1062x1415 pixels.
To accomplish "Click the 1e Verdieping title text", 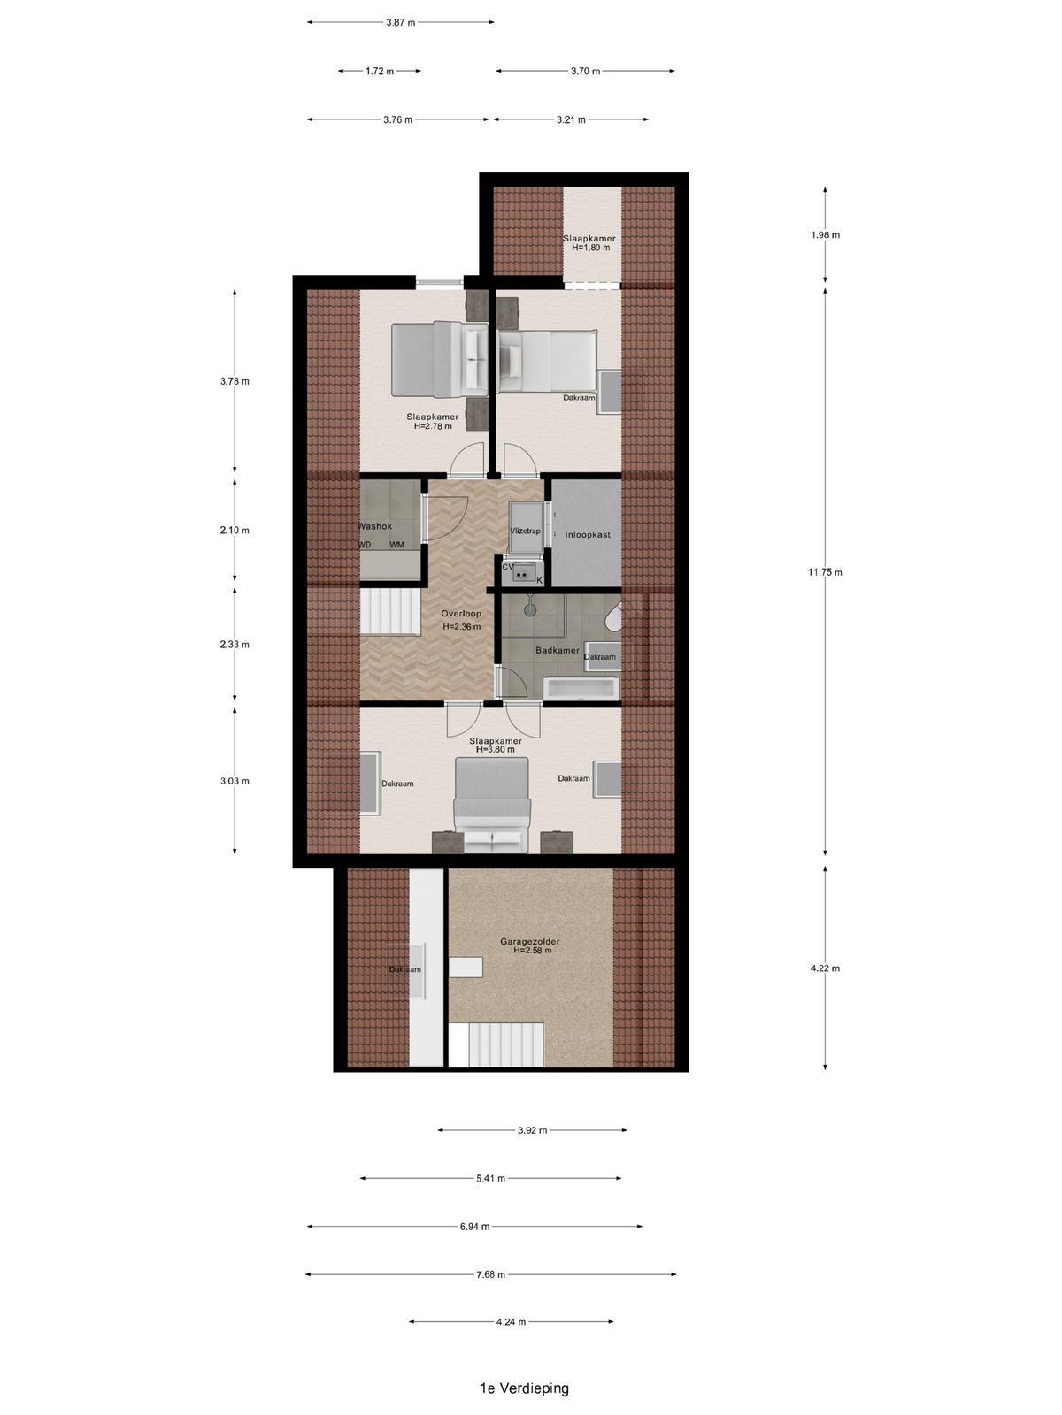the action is point(524,1388).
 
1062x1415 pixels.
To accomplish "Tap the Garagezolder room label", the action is point(529,941).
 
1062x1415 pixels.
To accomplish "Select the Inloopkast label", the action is point(588,534).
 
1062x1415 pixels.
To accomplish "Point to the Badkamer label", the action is point(558,650).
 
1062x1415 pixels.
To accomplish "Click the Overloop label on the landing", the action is point(461,613).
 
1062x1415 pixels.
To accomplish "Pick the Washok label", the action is point(374,526).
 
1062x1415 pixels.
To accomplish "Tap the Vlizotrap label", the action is point(525,531).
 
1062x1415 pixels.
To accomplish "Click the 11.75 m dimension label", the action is point(825,572).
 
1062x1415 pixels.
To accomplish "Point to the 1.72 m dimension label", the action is point(379,71).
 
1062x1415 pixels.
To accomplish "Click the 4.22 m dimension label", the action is point(826,968).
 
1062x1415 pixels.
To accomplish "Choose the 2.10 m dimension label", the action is point(234,530).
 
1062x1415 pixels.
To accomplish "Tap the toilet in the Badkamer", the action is point(614,617).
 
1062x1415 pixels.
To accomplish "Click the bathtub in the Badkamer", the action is point(581,688).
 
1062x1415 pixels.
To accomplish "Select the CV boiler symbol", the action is point(522,572).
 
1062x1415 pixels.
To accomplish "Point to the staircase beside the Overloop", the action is point(390,612).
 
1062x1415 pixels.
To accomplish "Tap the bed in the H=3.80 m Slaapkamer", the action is point(492,805).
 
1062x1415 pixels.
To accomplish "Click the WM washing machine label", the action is point(396,545).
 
